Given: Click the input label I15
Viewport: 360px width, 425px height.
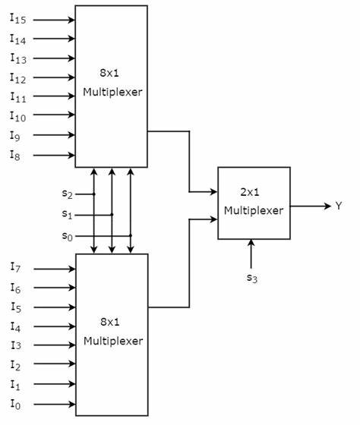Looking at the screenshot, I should (17, 19).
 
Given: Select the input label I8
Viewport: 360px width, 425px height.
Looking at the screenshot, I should (14, 156).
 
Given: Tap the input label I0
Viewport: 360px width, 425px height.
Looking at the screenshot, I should (14, 405).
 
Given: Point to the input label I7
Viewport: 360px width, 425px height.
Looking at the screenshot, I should (14, 267).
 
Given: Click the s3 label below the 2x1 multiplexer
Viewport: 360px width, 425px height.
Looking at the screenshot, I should (251, 278).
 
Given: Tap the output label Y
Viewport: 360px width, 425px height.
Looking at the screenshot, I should (339, 206).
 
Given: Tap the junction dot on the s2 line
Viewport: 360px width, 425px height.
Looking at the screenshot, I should (94, 194).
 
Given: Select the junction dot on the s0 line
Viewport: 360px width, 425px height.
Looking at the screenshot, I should (131, 235).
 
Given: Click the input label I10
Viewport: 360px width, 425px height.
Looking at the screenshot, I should (17, 117).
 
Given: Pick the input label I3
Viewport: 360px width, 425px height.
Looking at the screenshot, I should (14, 346).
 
